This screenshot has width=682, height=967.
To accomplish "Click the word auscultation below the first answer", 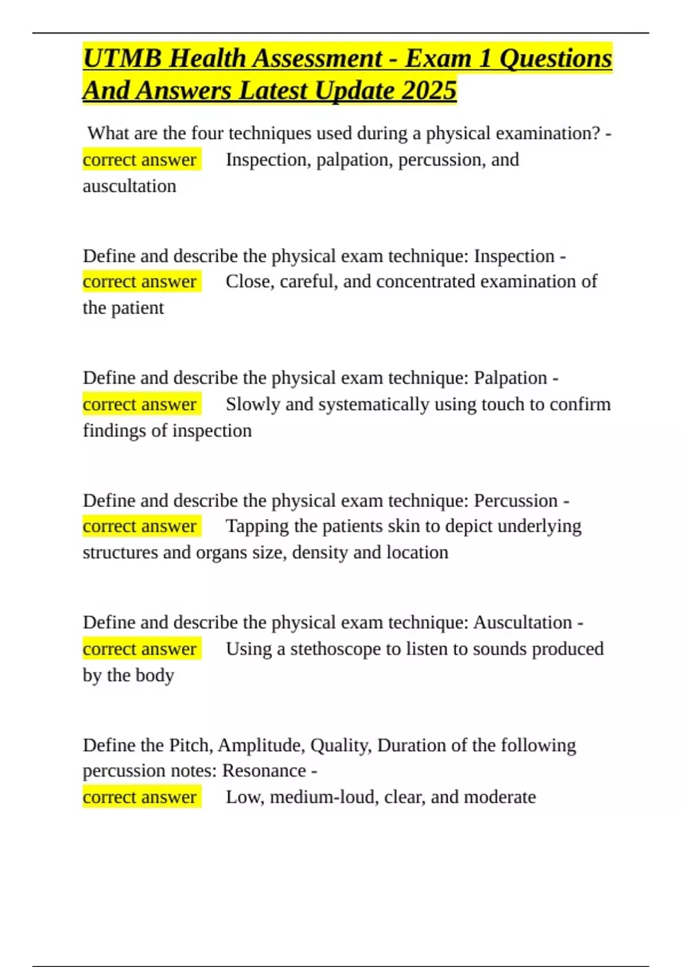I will point(130,186).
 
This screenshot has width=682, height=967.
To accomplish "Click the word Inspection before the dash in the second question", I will point(514,256).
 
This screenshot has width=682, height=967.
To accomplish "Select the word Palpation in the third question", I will point(510,378).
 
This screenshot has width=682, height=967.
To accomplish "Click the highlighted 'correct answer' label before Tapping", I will point(140,526).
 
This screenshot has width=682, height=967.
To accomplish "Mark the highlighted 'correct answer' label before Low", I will point(140,797).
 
